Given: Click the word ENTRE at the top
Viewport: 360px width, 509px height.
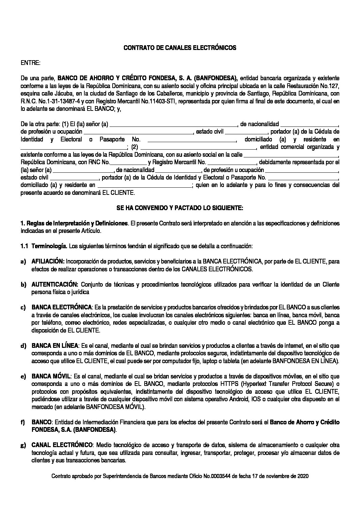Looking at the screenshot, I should [x=31, y=63].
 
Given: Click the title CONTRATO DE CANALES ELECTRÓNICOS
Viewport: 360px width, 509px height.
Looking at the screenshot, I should [x=180, y=48].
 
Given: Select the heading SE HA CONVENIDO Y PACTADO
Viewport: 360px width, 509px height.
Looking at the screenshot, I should [x=180, y=208].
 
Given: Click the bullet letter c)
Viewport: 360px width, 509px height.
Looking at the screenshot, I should [x=23, y=308].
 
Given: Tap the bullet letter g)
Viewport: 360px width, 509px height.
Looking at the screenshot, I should [x=23, y=446].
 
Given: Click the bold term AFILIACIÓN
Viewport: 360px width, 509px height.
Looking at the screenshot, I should [x=48, y=261].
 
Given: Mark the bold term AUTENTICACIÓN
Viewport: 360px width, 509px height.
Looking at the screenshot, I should [x=55, y=285].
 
